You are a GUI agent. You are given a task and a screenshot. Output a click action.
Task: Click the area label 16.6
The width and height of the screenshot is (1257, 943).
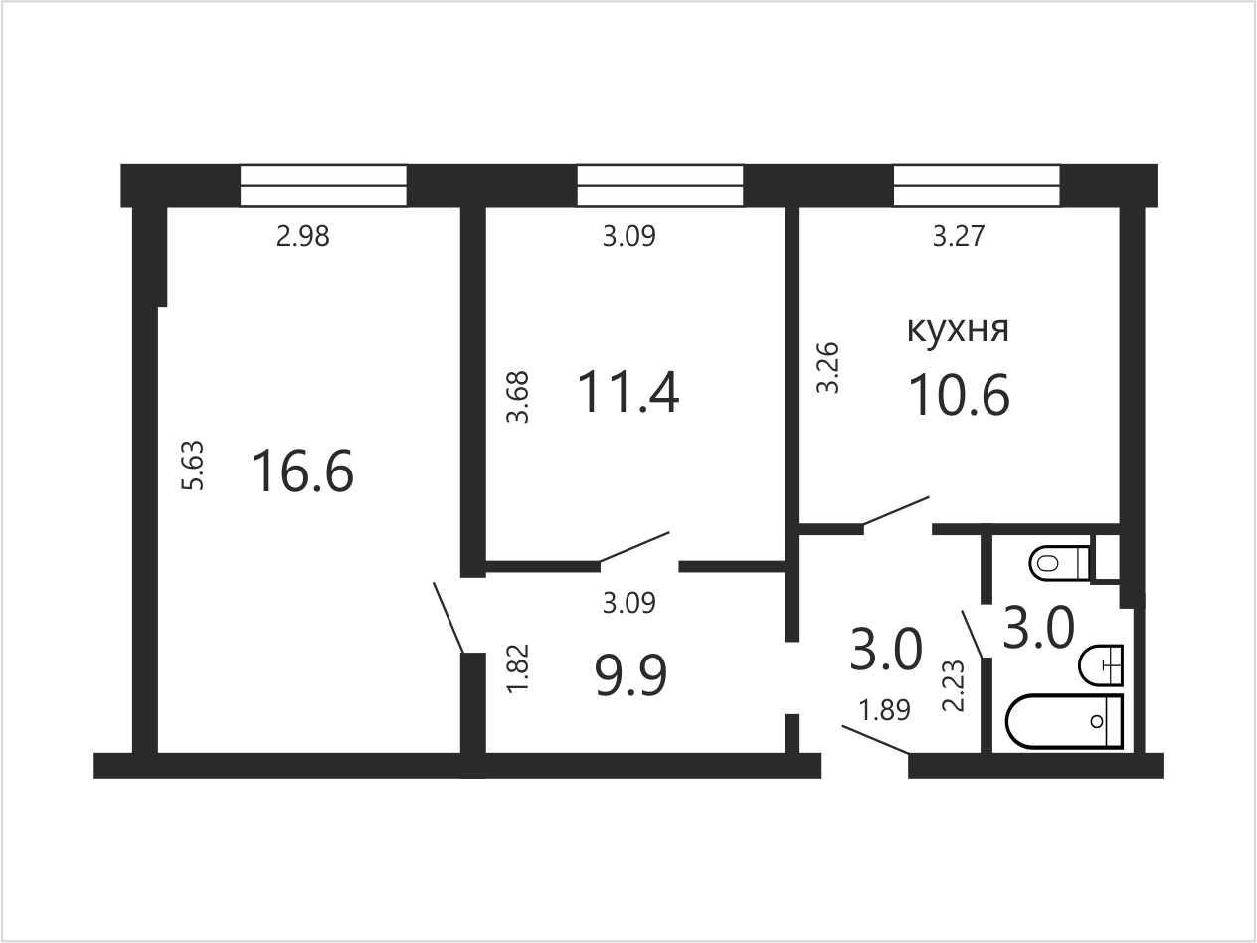tap(302, 471)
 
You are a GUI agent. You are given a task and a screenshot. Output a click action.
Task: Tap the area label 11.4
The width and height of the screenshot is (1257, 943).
tap(628, 392)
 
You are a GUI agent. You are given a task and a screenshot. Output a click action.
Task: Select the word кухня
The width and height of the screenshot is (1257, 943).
tap(958, 330)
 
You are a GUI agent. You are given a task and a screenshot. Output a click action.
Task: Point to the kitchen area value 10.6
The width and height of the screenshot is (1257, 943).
tap(959, 395)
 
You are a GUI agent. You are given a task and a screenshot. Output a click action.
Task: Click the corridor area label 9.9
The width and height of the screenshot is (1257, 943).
tap(631, 675)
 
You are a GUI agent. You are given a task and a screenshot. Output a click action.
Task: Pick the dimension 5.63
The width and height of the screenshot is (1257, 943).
tap(193, 465)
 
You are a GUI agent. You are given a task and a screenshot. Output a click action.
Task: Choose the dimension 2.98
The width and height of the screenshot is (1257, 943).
tap(303, 236)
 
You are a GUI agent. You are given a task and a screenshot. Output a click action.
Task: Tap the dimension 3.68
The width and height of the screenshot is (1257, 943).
tap(518, 397)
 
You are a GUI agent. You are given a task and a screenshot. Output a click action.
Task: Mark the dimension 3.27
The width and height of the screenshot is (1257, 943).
tap(959, 236)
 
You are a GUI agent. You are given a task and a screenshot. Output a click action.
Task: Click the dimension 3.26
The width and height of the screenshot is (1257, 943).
tap(828, 368)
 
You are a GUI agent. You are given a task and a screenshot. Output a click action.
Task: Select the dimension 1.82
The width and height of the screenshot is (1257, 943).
tap(519, 668)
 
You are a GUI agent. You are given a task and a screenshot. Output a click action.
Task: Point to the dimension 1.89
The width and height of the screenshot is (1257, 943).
tap(885, 710)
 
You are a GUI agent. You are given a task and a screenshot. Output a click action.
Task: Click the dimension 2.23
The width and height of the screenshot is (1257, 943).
tap(954, 686)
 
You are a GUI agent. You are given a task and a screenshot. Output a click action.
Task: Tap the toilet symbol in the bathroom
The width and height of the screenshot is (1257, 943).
tap(1059, 563)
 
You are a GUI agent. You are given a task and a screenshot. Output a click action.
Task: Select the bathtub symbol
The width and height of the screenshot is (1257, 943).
tap(1065, 721)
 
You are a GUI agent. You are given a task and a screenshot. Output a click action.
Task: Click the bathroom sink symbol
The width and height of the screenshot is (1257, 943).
tap(1101, 664)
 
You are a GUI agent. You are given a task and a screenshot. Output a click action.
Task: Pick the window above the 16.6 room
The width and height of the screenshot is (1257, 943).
tap(323, 185)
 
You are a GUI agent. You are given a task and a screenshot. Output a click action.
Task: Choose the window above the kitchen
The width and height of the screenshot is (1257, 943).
tap(977, 185)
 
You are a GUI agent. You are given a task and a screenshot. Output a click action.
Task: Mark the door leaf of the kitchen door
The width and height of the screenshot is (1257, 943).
tap(896, 510)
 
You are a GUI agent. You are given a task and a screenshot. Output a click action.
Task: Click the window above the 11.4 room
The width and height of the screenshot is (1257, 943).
tap(660, 185)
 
